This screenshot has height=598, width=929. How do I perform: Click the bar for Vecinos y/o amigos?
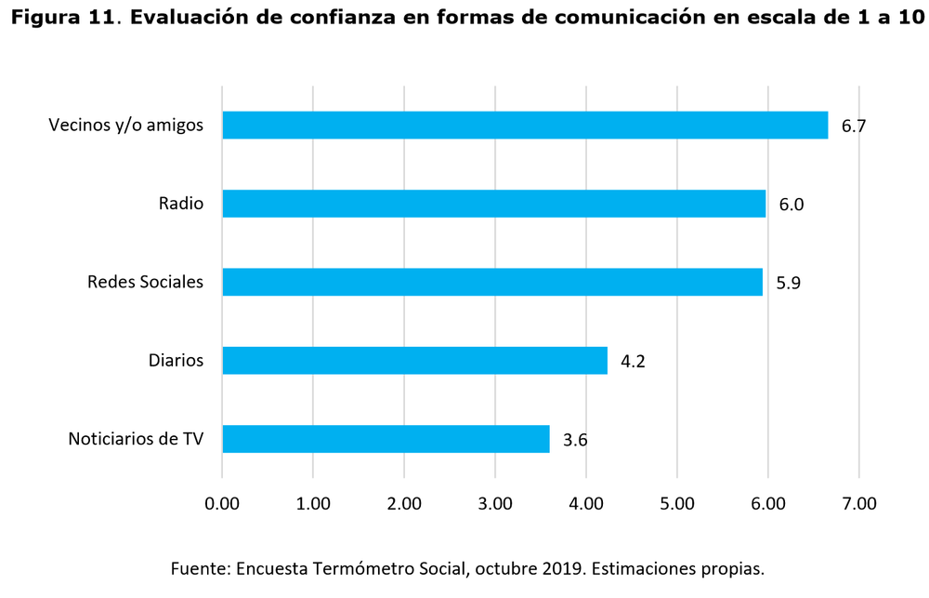[525, 126]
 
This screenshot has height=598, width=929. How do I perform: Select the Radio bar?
[493, 204]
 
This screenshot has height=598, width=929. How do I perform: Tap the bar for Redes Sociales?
[492, 282]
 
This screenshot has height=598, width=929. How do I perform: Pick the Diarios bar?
[414, 360]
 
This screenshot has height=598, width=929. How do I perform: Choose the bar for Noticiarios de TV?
[386, 438]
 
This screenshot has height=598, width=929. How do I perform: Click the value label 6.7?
[853, 126]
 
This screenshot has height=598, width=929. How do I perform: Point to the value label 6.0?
[791, 205]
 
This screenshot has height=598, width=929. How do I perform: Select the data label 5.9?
[788, 283]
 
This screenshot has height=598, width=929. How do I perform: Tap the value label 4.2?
[633, 361]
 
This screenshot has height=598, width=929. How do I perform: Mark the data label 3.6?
[575, 439]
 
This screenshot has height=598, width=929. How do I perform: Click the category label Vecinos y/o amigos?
[125, 126]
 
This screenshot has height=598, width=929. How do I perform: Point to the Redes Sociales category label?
[145, 282]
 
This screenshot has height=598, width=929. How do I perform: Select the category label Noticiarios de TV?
[136, 438]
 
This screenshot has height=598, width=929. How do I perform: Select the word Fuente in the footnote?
[199, 568]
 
